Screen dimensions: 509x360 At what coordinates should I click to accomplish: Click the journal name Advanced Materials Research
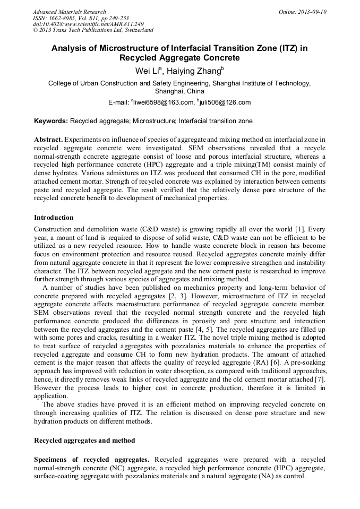click(69, 12)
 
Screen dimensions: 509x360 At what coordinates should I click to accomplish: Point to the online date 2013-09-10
click(311, 12)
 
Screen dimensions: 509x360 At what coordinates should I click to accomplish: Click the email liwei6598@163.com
click(161, 102)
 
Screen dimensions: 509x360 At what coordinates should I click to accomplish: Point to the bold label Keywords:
click(51, 121)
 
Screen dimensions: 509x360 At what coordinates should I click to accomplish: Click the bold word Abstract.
click(48, 139)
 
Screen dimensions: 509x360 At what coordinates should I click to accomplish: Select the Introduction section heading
click(54, 218)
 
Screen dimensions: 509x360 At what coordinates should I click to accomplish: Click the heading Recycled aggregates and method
click(84, 440)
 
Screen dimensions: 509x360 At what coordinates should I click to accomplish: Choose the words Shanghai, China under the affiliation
click(179, 91)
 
